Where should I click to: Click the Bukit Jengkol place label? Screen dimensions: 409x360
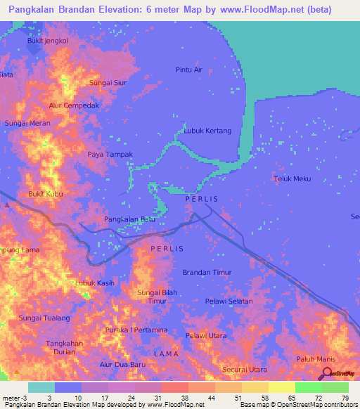pyautogui.click(x=47, y=41)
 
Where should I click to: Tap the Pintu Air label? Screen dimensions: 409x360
pyautogui.click(x=188, y=70)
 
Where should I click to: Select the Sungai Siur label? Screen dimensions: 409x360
pyautogui.click(x=108, y=82)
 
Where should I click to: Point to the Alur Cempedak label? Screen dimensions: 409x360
pyautogui.click(x=75, y=105)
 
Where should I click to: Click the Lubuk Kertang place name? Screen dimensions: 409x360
pyautogui.click(x=207, y=131)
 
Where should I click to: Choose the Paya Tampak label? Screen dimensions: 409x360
pyautogui.click(x=110, y=154)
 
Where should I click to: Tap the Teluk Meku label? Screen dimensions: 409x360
pyautogui.click(x=292, y=178)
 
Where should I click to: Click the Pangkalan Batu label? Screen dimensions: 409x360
pyautogui.click(x=129, y=220)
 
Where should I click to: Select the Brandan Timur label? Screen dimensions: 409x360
pyautogui.click(x=207, y=272)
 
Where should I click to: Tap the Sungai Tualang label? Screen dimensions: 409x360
pyautogui.click(x=40, y=318)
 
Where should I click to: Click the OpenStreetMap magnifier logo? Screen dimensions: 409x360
pyautogui.click(x=327, y=374)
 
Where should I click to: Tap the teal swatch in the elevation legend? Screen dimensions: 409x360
pyautogui.click(x=41, y=387)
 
